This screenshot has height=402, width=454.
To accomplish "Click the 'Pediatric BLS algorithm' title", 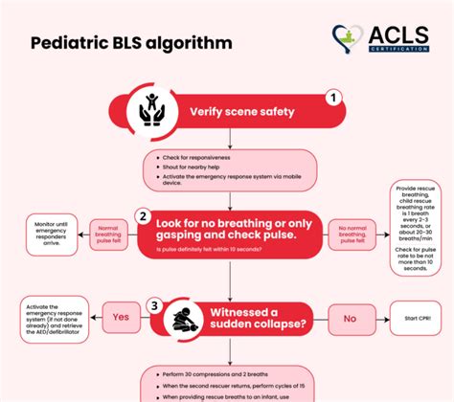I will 130,45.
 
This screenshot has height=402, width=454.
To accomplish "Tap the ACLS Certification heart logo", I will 348,40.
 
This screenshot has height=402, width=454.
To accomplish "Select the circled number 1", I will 332,97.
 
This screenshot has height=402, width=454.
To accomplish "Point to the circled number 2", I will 141,216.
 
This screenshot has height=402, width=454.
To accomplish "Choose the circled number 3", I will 153,306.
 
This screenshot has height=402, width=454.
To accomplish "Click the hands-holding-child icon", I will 152,110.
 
